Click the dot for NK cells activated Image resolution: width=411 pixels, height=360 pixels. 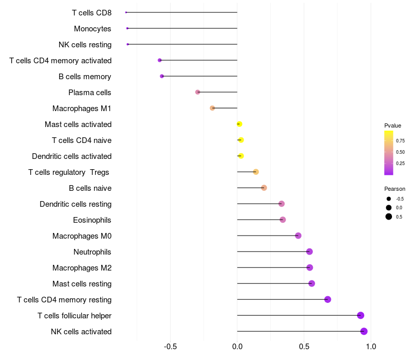[x=364, y=331]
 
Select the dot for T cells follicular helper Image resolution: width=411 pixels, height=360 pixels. [x=361, y=315]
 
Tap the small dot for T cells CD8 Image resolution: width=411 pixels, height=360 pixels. [x=126, y=12]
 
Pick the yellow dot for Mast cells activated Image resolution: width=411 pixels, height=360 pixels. [x=239, y=124]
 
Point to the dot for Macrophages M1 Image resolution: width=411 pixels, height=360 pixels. [x=212, y=108]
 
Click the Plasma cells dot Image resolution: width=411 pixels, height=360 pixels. [x=198, y=92]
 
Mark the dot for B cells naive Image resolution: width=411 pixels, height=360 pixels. [x=264, y=188]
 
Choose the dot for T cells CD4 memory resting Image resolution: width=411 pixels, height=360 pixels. [x=328, y=299]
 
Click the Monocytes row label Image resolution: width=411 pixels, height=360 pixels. [x=92, y=29]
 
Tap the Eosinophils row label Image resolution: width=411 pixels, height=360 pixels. [x=92, y=220]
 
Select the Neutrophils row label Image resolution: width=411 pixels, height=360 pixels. [x=92, y=252]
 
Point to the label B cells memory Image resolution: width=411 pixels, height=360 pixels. [x=85, y=77]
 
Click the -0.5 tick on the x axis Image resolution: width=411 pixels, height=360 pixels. [x=170, y=347]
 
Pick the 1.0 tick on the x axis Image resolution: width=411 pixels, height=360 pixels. [x=371, y=347]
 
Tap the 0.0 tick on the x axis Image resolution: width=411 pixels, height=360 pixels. [x=237, y=347]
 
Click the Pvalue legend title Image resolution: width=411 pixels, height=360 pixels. [x=393, y=125]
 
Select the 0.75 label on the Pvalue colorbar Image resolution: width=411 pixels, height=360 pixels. [x=400, y=140]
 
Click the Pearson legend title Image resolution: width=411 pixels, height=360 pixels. [x=395, y=189]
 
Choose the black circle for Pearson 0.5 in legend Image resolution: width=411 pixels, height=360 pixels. [x=389, y=217]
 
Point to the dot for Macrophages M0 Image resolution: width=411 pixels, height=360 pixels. [x=298, y=236]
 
